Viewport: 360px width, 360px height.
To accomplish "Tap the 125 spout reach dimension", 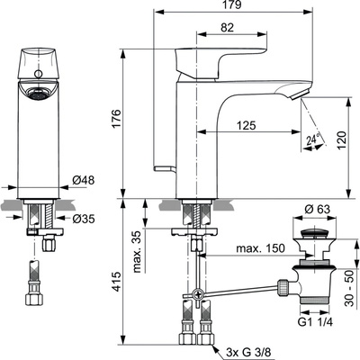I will pos(248,126).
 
